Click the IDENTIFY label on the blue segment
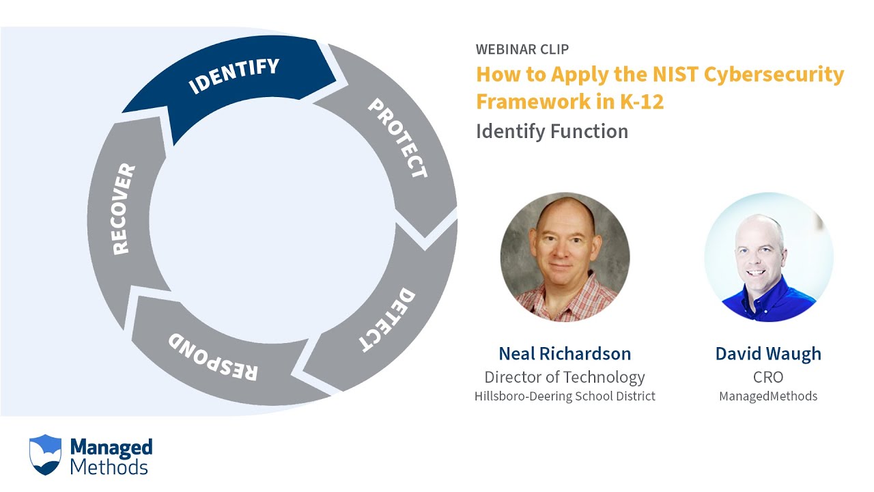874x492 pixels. [234, 76]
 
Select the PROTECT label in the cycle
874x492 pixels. [397, 139]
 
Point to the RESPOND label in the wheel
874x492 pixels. [213, 357]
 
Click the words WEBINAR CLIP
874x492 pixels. [522, 49]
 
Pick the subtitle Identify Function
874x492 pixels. [552, 131]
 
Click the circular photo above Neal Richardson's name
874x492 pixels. [565, 257]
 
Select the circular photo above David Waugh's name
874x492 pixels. [768, 257]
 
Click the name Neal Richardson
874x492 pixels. [565, 353]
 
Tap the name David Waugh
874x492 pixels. [768, 353]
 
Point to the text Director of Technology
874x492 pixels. [565, 377]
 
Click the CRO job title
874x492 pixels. [768, 377]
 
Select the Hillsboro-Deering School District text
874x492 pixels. [565, 396]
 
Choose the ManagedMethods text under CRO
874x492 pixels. [768, 396]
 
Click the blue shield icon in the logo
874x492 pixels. [46, 454]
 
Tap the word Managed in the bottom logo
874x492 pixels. [111, 448]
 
